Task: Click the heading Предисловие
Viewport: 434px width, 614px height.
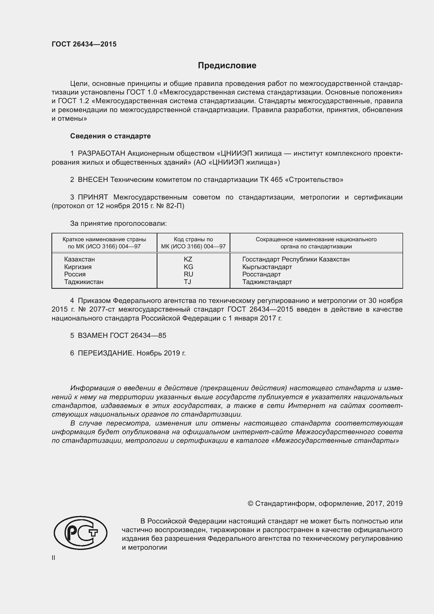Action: (x=227, y=66)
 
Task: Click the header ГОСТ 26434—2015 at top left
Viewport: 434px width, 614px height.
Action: (x=84, y=44)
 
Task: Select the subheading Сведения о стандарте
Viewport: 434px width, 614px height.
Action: (x=110, y=136)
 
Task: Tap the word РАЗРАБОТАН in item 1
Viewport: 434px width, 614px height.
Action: (x=102, y=154)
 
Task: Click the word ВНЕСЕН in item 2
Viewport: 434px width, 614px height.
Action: (x=93, y=180)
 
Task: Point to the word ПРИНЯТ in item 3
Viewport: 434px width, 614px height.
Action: (x=93, y=197)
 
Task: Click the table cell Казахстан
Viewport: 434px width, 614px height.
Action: (x=79, y=259)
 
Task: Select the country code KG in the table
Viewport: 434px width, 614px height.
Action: (x=188, y=267)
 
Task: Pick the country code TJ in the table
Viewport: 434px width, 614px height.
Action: (x=187, y=282)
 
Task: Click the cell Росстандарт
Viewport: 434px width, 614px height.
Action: (x=261, y=274)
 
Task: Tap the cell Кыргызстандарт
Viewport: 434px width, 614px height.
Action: (x=267, y=267)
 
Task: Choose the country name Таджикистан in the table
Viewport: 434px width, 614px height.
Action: (x=84, y=282)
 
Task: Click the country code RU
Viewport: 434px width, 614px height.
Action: (x=188, y=274)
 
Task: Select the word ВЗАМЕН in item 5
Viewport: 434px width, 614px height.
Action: (x=93, y=336)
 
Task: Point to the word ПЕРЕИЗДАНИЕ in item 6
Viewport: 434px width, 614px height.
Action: (x=105, y=353)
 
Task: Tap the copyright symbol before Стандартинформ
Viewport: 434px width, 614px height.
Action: (x=250, y=504)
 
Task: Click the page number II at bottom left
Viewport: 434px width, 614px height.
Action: (x=54, y=558)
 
